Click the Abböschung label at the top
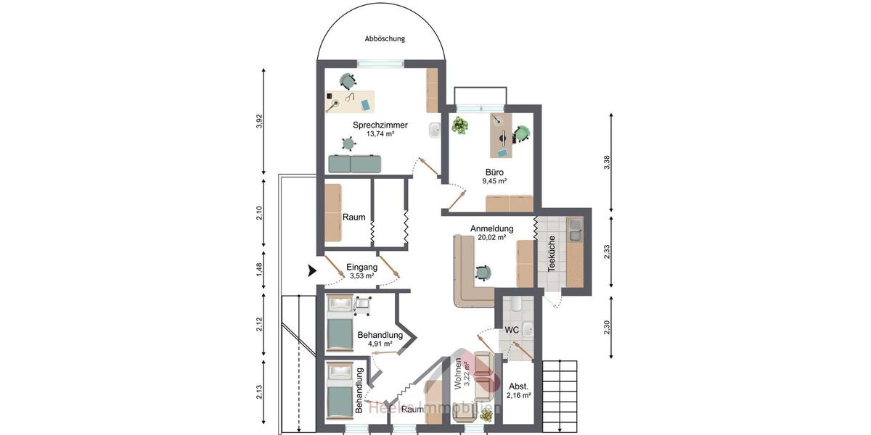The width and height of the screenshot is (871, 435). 385,38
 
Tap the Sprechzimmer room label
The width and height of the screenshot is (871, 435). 380,125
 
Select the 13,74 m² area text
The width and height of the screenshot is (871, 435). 380,134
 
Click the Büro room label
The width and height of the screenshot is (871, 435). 495,173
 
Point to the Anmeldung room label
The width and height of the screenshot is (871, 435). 491,228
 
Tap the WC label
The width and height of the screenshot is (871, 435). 511,330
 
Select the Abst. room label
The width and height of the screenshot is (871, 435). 518,386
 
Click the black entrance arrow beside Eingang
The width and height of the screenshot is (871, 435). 312,271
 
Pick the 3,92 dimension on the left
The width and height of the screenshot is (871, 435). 259,121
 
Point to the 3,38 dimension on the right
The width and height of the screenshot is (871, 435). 607,163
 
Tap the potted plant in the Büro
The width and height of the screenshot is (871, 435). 459,125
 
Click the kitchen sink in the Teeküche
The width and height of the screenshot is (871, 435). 574,231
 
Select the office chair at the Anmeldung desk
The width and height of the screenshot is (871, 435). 483,272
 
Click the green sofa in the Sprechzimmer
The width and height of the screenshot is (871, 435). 350,164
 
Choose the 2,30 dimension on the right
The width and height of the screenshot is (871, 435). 607,327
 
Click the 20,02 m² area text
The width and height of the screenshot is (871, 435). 491,237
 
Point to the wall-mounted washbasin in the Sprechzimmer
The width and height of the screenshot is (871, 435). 435,130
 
